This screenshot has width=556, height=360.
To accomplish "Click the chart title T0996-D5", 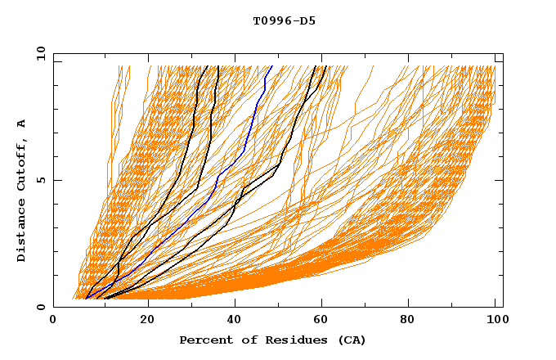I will click(x=284, y=21).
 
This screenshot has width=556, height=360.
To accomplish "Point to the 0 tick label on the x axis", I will click(x=54, y=320).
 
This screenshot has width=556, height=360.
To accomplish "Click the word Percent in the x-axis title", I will click(x=205, y=340).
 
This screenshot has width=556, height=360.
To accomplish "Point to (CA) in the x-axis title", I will click(x=352, y=340).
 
